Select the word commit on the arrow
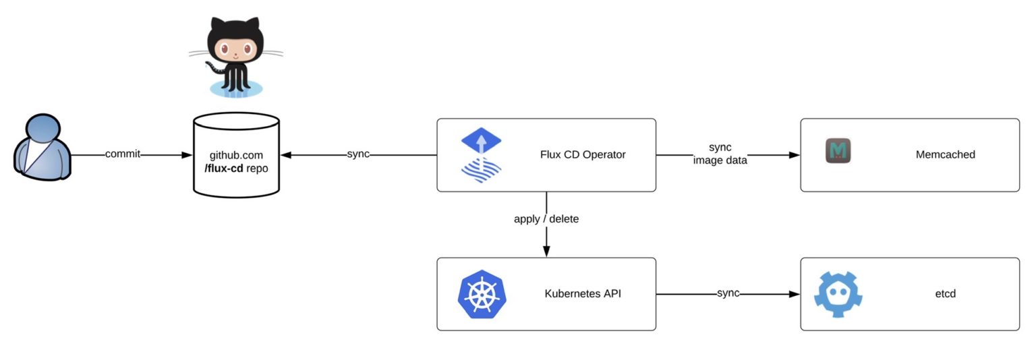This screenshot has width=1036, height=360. click(123, 154)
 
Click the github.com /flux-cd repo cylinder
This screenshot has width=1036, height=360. click(236, 155)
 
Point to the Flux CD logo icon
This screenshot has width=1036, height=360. click(482, 156)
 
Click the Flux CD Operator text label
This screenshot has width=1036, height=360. click(583, 154)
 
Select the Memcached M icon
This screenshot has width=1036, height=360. click(838, 151)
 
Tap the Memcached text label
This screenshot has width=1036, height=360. click(945, 154)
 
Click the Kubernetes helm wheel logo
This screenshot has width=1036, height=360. click(482, 294)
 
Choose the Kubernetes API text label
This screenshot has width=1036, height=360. click(583, 294)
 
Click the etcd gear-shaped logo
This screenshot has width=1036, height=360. click(838, 294)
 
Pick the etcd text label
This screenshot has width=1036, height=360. click(945, 294)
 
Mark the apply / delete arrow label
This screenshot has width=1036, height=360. click(546, 219)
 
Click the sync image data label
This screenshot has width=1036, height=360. click(720, 154)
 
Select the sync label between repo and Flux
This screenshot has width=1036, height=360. click(358, 154)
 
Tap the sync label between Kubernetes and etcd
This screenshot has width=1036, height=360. click(728, 293)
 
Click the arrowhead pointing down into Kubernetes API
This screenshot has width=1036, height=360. click(546, 251)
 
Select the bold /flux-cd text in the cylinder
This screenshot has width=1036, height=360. click(223, 168)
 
